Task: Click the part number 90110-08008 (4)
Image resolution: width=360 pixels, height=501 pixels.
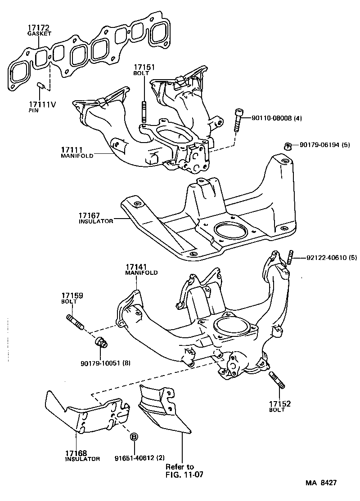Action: point(276,118)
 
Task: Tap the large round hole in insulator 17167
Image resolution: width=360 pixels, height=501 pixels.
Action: point(230,231)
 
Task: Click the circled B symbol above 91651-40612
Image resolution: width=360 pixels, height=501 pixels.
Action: point(134,436)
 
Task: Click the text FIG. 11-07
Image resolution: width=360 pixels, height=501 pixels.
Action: point(182,474)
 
